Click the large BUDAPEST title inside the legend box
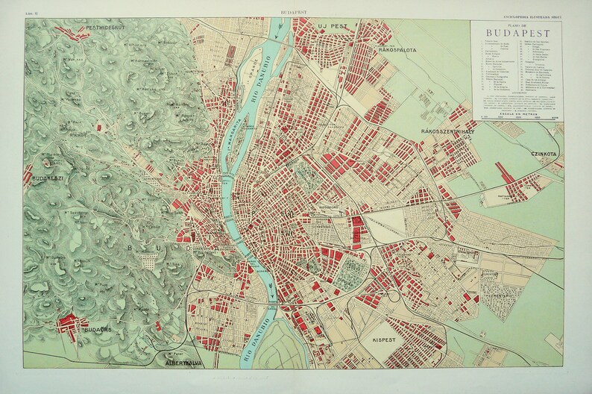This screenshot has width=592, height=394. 520,32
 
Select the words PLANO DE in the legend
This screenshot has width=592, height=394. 520,22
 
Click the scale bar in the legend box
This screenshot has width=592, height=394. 520,116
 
